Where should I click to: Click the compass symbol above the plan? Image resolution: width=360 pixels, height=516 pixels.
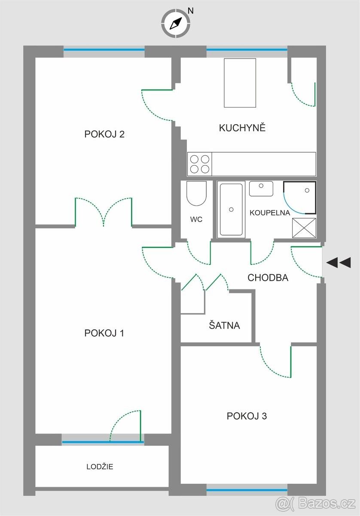(x=176, y=23)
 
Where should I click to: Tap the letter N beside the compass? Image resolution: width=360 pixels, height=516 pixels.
(x=191, y=11)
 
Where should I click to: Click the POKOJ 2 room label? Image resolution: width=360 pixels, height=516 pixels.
(x=104, y=134)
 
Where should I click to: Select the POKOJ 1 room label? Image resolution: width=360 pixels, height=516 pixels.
(x=104, y=333)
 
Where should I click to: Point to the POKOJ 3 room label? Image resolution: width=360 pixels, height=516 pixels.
(x=247, y=416)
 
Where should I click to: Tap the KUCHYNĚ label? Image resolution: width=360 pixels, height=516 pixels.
(x=242, y=128)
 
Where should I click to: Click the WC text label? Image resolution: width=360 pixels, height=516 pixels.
(x=196, y=219)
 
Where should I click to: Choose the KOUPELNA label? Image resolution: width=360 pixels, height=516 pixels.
(x=270, y=213)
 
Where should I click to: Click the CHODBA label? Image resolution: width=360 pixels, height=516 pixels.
(x=268, y=278)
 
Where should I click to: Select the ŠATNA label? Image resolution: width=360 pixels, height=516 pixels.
(x=224, y=325)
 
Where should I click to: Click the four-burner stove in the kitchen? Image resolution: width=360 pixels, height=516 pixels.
(x=200, y=164)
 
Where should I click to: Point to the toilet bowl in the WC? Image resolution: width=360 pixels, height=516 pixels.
(x=196, y=193)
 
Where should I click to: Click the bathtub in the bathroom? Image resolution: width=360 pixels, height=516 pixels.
(x=231, y=209)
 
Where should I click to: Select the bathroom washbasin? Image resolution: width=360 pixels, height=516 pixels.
(x=261, y=189)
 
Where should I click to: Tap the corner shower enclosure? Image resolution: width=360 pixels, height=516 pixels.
(x=299, y=197)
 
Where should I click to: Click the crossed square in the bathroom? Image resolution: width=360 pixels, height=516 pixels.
(x=304, y=228)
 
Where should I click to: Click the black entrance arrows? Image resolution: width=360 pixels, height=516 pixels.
(x=339, y=262)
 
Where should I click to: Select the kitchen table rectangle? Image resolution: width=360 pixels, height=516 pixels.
(x=240, y=83)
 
